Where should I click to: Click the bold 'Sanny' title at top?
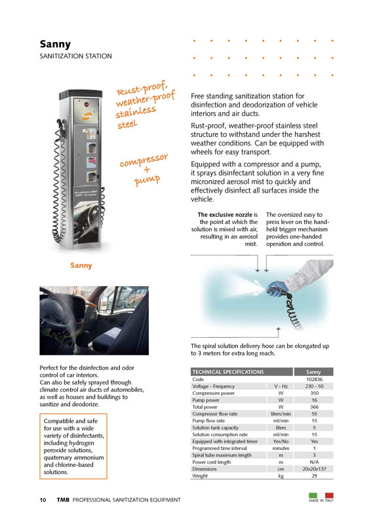55,45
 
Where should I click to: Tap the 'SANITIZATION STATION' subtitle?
75,56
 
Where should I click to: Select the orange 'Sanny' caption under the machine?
81,265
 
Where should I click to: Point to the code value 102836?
314,379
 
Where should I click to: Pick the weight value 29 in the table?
314,476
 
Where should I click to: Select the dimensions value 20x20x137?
314,469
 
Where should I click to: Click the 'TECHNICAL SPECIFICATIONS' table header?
228,372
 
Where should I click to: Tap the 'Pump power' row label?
206,400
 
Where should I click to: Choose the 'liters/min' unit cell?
281,414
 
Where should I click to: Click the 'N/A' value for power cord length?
314,462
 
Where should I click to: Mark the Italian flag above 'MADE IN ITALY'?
321,495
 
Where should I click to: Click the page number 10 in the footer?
43,500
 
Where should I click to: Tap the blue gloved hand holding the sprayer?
277,288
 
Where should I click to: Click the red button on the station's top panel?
87,104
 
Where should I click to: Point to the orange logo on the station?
87,115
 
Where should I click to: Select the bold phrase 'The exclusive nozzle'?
225,215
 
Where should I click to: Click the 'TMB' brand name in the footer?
63,500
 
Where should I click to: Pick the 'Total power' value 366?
314,407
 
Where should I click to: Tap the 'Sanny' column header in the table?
313,372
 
